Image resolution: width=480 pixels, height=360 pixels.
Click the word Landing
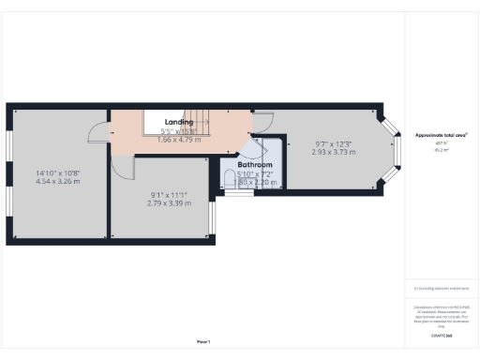(179, 123)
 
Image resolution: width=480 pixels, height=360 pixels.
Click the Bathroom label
(254, 164)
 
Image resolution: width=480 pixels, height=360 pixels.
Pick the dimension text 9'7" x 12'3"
(334, 143)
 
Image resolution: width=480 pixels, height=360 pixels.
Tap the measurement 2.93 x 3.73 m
(334, 152)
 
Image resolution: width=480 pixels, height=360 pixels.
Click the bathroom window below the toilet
(238, 193)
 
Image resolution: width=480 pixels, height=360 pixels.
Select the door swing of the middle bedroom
(123, 167)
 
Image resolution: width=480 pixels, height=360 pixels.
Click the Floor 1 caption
(203, 341)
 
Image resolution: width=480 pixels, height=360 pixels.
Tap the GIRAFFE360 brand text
(442, 335)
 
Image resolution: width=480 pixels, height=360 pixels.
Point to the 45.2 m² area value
(440, 150)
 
